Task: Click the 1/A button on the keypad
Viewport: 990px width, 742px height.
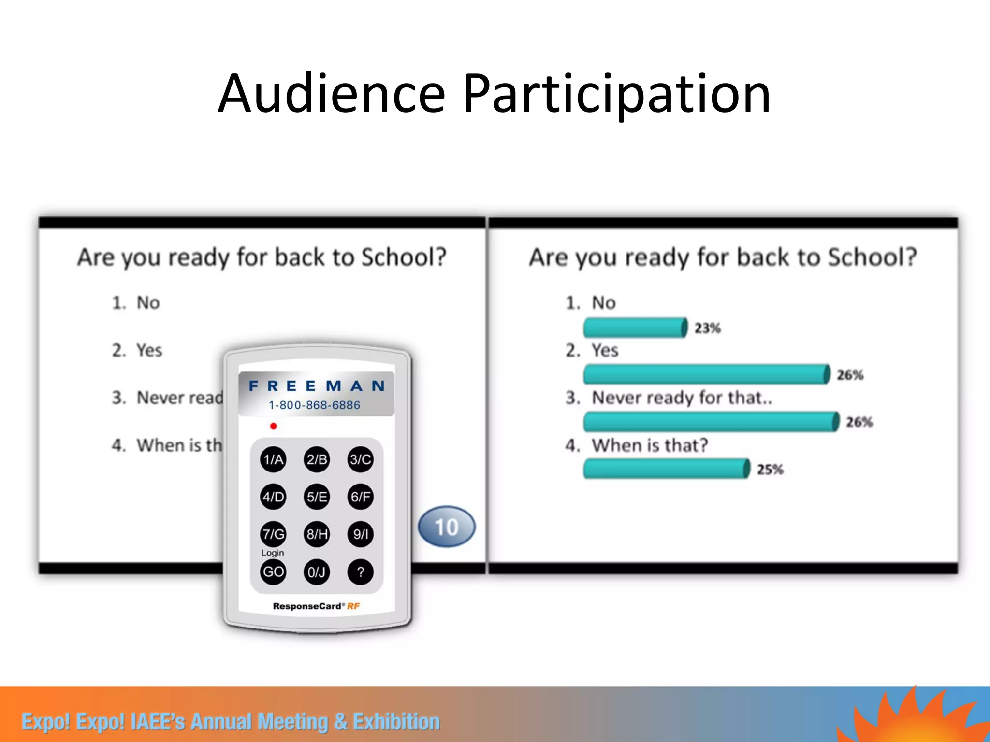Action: tap(273, 459)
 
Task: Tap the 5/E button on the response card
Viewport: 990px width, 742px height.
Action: tap(317, 497)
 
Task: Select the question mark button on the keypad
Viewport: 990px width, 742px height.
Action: tap(360, 572)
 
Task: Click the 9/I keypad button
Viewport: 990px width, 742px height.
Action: tap(360, 534)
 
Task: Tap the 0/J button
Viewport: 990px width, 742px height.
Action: tap(317, 572)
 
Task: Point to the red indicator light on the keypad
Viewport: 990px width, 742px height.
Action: tap(273, 426)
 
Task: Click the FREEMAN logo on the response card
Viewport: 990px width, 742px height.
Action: tap(317, 386)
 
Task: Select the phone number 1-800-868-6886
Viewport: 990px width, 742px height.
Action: tap(314, 405)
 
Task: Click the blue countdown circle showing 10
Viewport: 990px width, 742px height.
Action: tap(446, 527)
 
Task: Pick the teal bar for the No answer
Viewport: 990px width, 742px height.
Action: tap(635, 328)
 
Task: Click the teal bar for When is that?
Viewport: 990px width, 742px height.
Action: tap(666, 469)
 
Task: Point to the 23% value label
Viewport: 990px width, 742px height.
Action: tap(707, 328)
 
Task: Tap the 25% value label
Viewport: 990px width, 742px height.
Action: tap(770, 470)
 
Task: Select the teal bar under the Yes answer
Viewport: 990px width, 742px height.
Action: tap(706, 374)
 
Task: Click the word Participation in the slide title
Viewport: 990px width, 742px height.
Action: tap(616, 94)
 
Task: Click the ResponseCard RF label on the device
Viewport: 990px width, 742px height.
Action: tap(316, 606)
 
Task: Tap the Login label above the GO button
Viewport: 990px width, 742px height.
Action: tap(273, 553)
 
